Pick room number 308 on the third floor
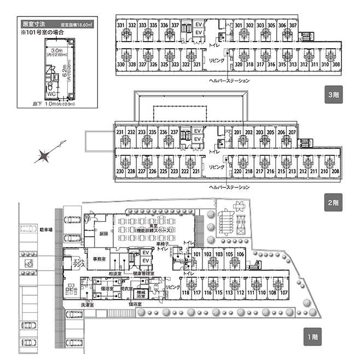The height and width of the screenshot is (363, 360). click(336, 65)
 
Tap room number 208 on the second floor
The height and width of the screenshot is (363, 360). click(335, 172)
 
